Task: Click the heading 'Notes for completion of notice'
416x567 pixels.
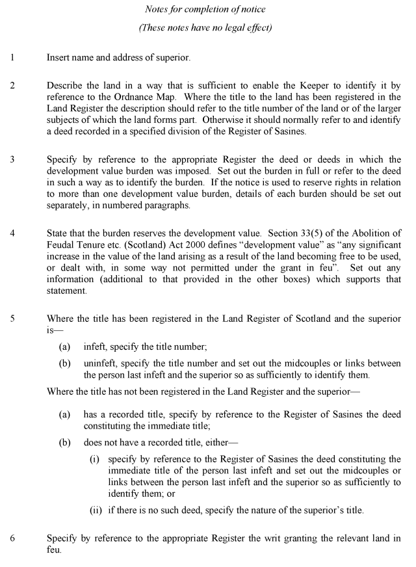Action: tap(208, 10)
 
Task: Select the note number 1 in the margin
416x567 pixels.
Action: tap(12, 58)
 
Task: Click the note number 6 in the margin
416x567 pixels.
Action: tap(12, 538)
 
